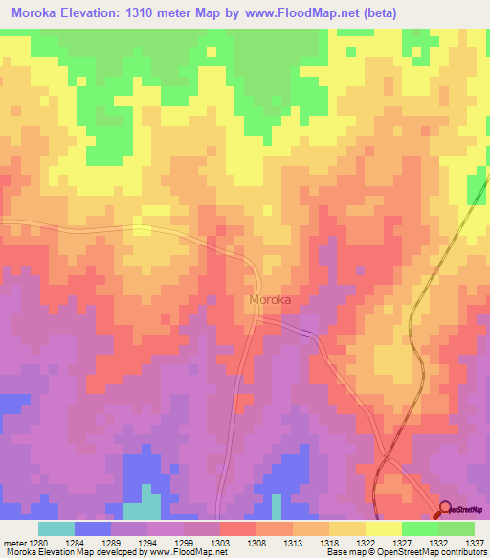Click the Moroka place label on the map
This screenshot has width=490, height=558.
click(x=270, y=300)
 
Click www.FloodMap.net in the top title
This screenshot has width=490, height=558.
click(x=299, y=12)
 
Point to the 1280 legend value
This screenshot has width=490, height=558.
click(x=38, y=542)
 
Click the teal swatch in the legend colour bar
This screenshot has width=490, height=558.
click(x=56, y=528)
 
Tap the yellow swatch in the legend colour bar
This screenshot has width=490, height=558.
click(x=384, y=528)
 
